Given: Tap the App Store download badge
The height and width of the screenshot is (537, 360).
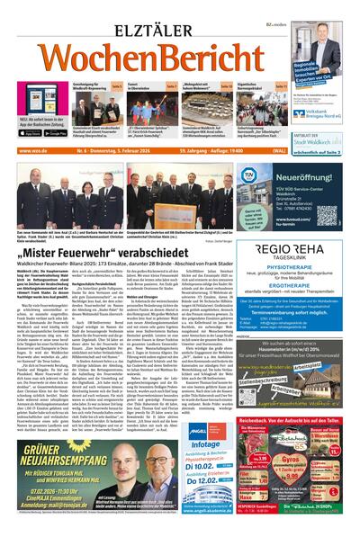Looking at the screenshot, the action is [31, 133].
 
